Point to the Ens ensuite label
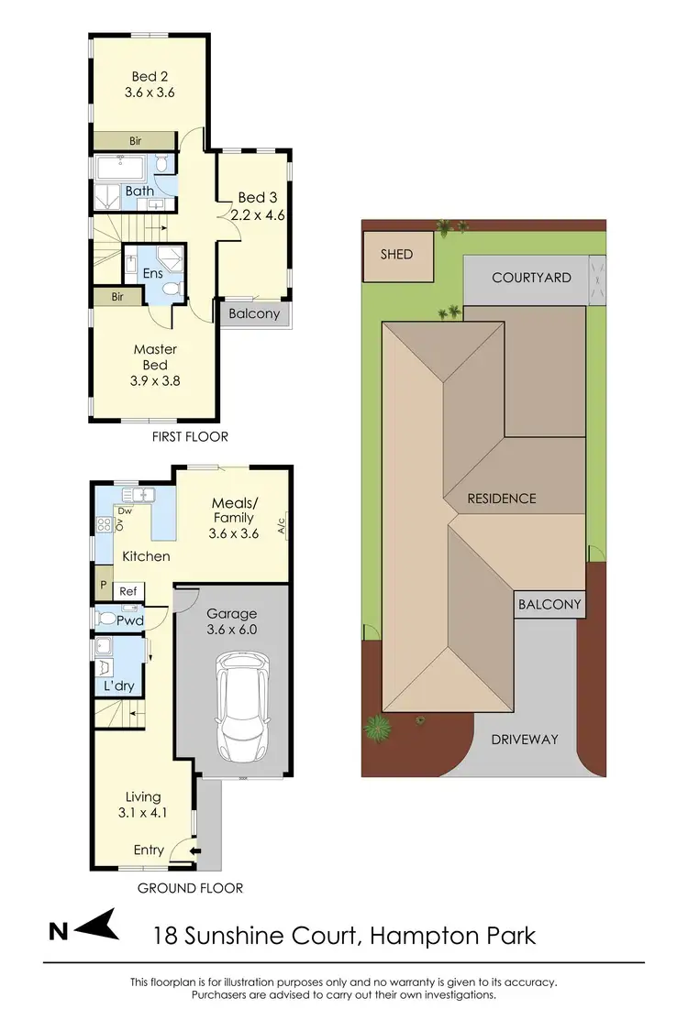152,274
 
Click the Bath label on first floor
139,191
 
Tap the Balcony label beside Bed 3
253,313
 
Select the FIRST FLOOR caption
191,436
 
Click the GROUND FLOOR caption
190,887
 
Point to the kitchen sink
142,496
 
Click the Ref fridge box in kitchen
128,591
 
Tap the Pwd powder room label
129,620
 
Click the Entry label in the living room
149,850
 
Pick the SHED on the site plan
398,254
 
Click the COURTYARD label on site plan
531,278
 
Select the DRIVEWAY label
525,739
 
